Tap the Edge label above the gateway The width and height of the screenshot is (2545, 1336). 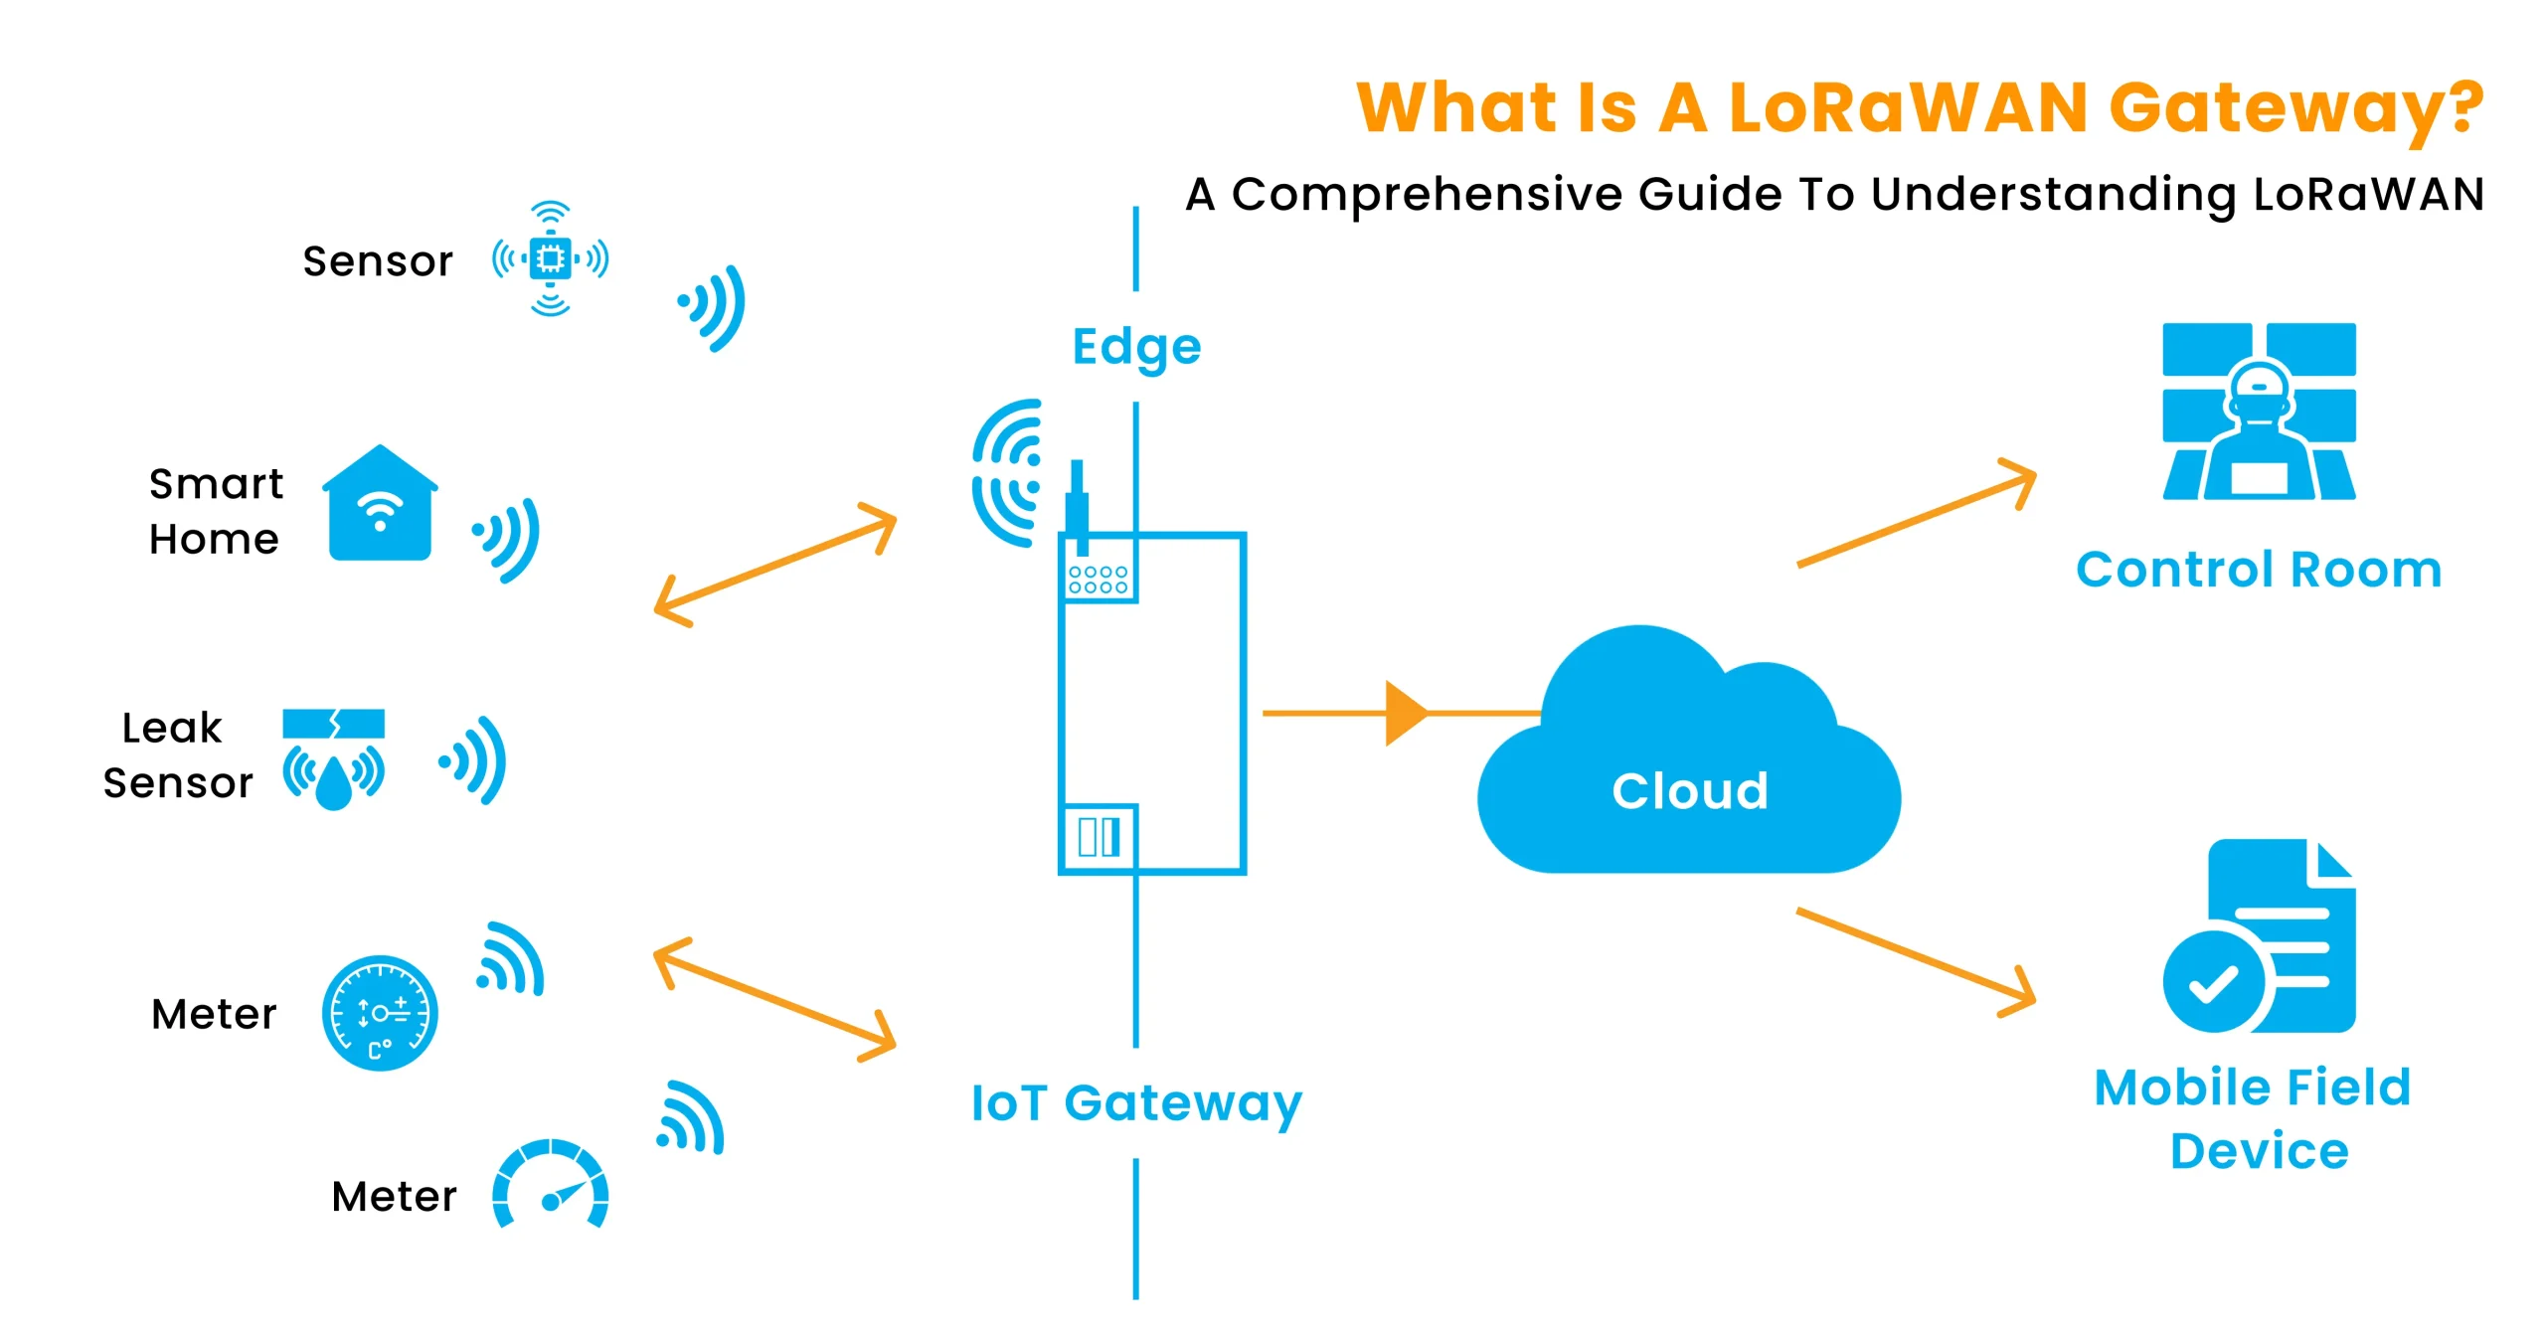point(1136,347)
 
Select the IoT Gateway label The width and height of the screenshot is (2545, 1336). point(1135,1103)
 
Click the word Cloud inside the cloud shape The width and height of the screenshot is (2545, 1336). point(1689,791)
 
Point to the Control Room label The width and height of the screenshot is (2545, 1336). point(2258,570)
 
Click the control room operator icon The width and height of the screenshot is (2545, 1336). point(2259,412)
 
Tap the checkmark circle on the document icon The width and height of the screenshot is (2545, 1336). point(2213,982)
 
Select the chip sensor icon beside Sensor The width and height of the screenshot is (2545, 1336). point(550,259)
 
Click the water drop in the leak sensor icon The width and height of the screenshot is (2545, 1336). point(334,782)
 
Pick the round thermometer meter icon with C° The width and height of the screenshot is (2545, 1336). point(380,1013)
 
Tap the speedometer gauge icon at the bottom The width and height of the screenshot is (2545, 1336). point(550,1185)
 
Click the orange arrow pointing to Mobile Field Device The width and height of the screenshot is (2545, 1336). point(1917,962)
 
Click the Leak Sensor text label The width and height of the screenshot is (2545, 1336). point(177,755)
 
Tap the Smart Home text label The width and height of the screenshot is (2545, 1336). point(215,511)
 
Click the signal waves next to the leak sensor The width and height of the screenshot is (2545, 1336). point(475,760)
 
